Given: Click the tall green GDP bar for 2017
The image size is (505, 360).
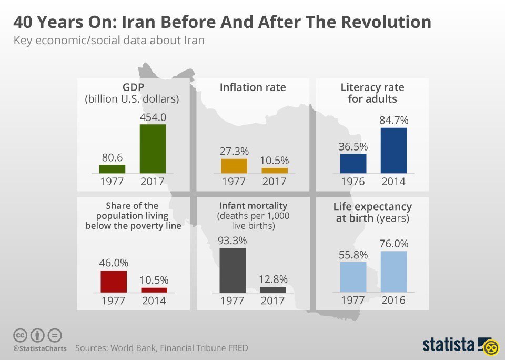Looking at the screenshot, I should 153,148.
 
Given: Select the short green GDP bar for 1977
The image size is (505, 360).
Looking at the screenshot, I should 112,169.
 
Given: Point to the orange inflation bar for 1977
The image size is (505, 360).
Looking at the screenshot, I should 234,166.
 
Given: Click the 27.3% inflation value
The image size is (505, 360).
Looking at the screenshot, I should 234,151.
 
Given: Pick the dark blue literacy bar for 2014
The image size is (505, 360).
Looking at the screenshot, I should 393,151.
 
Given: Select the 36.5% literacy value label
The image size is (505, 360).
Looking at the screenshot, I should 353,147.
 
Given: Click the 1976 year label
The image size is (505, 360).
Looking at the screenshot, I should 353,182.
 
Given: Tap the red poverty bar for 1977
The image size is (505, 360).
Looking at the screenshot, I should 114,282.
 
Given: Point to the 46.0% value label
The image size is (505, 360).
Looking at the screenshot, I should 114,263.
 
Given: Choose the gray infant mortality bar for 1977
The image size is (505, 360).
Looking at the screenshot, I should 233,270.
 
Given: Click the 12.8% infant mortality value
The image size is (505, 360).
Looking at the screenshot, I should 273,279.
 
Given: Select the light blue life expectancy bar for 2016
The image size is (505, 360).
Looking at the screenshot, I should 393,272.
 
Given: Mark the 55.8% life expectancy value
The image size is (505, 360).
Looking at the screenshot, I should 353,255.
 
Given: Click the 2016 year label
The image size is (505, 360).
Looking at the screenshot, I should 393,301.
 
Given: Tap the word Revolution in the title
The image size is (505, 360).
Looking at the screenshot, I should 386,22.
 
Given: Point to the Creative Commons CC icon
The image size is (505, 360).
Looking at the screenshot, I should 20,335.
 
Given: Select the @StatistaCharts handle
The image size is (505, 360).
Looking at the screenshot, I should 40,348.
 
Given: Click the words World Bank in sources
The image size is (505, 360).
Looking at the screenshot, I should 131,348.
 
